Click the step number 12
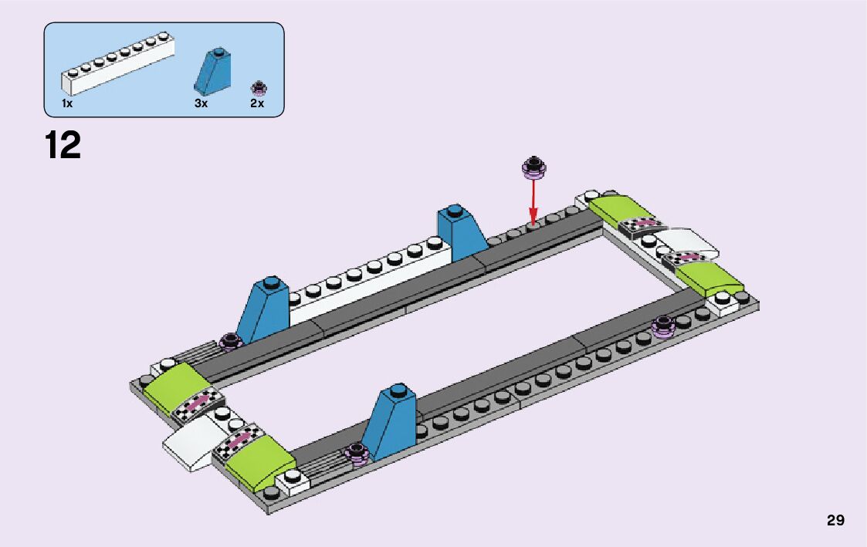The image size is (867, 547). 63,145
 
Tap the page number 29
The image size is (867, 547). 835,521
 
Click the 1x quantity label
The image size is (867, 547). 67,103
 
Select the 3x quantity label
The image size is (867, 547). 201,103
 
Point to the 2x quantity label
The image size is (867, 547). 257,103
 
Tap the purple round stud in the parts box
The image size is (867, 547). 258,86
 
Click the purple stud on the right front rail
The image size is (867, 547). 664,326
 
